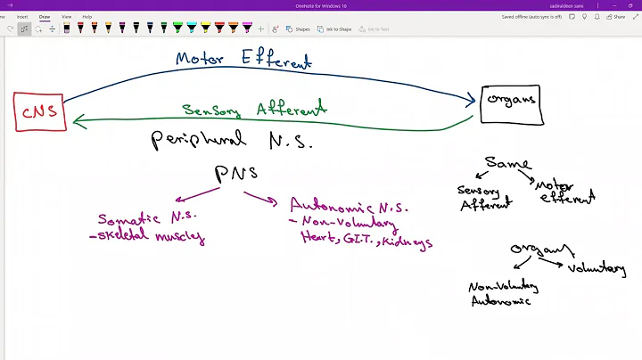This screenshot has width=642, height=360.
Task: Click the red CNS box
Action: pyautogui.click(x=39, y=112)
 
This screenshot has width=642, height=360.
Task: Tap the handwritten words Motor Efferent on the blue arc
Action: pyautogui.click(x=243, y=61)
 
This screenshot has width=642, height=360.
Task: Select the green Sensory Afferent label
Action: pyautogui.click(x=254, y=110)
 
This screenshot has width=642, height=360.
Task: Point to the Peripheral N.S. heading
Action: pyautogui.click(x=233, y=139)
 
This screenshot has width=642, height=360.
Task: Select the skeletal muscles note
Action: pyautogui.click(x=148, y=237)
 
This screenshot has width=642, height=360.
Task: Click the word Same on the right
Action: pyautogui.click(x=508, y=164)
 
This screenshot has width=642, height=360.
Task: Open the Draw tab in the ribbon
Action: pyautogui.click(x=45, y=16)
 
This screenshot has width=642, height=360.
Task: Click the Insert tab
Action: pyautogui.click(x=22, y=16)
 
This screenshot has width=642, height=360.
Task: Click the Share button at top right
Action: pyautogui.click(x=616, y=16)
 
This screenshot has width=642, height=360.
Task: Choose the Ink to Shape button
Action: pyautogui.click(x=335, y=29)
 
